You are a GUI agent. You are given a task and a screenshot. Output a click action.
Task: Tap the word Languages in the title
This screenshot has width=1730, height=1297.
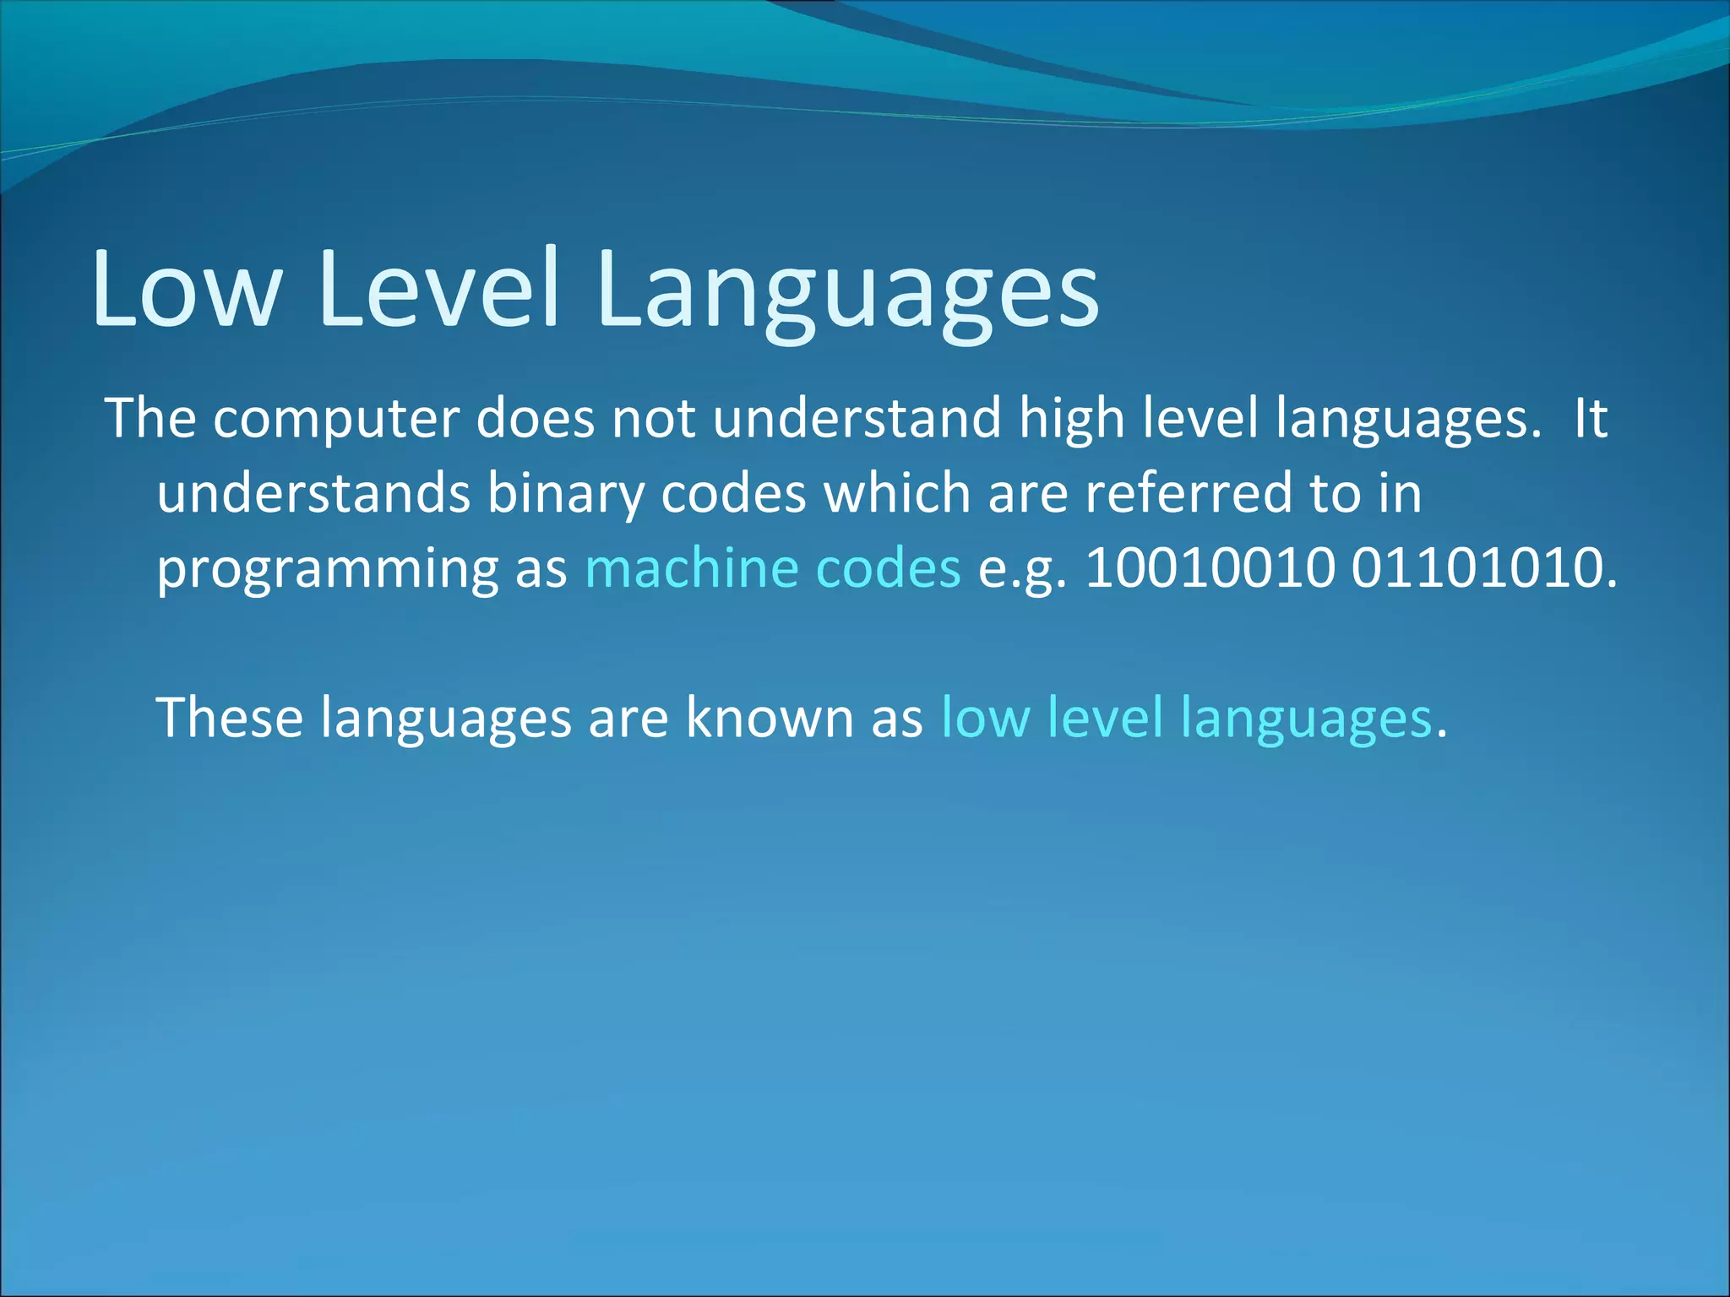pos(847,291)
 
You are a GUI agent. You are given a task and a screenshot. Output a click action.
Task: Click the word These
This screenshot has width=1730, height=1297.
pos(230,717)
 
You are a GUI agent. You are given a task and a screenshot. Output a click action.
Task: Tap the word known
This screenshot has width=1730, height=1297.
pos(770,717)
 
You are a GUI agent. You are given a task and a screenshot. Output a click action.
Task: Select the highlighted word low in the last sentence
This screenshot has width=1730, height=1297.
pos(985,717)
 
